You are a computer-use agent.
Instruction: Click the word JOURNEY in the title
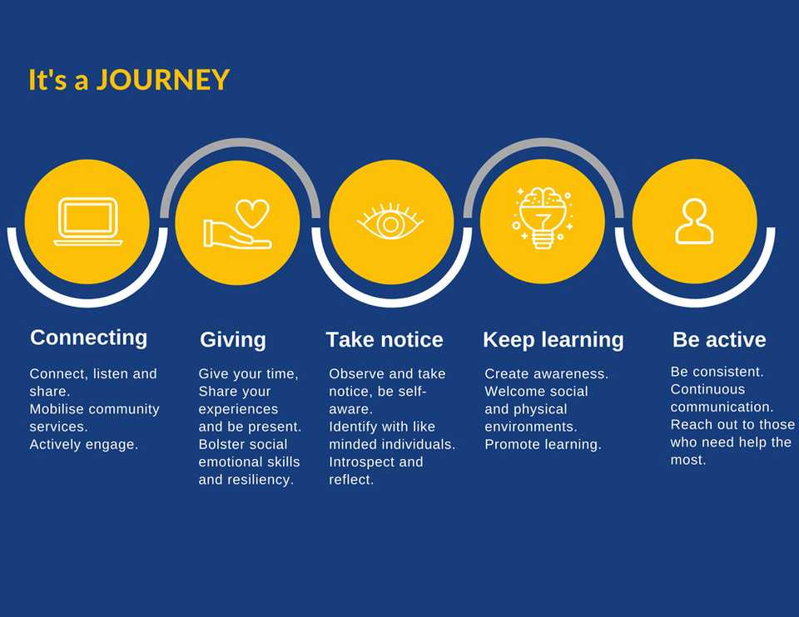click(x=163, y=80)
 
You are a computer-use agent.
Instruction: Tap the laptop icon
click(x=88, y=221)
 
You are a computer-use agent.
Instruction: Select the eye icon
click(x=390, y=221)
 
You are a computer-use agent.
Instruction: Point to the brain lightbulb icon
click(x=542, y=218)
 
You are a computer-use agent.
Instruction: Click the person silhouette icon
click(x=694, y=221)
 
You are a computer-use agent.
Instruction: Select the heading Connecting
click(x=89, y=338)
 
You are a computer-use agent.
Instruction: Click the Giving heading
click(x=233, y=340)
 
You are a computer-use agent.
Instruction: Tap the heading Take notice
click(x=385, y=339)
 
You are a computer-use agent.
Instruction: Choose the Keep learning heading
click(x=553, y=340)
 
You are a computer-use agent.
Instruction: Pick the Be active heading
click(x=719, y=339)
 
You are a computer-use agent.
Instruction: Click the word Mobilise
click(x=57, y=409)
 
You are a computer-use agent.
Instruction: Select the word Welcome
click(x=510, y=391)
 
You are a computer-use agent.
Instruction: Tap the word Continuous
click(x=707, y=389)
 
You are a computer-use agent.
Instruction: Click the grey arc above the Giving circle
click(x=240, y=144)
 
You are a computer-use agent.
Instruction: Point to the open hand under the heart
click(x=237, y=235)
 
